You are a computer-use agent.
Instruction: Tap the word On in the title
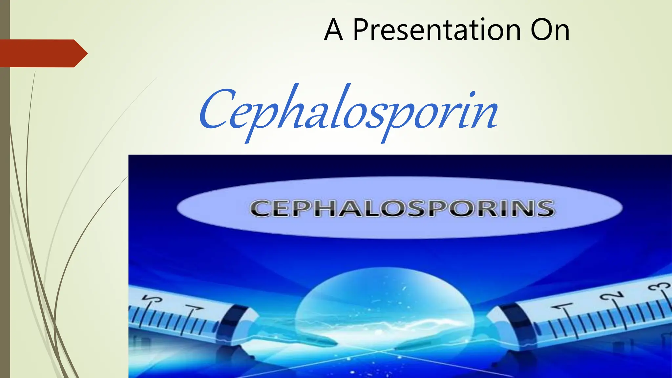click(x=550, y=30)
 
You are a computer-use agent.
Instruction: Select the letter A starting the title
click(x=333, y=30)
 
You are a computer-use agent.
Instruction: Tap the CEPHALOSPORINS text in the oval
click(x=402, y=208)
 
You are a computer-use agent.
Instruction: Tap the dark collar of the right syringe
click(x=515, y=323)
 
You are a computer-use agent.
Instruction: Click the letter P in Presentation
click(x=361, y=30)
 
